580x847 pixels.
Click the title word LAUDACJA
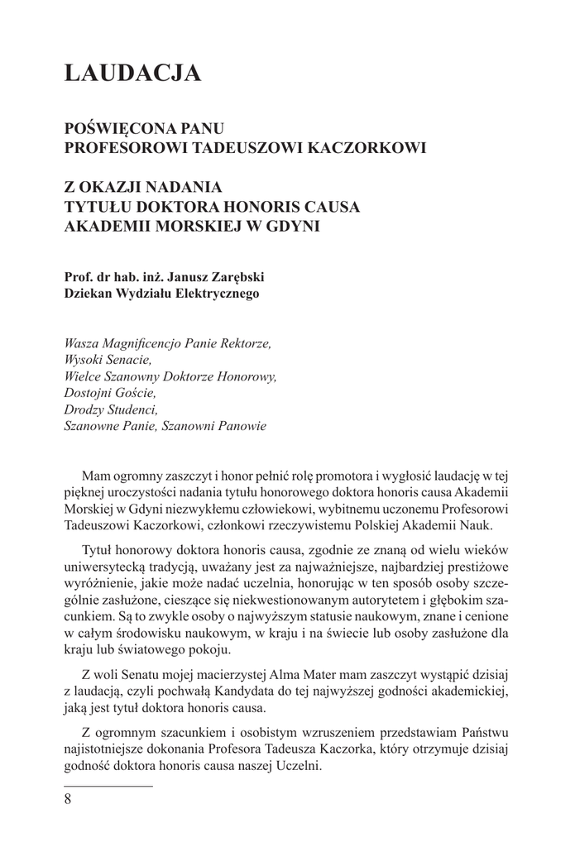click(x=132, y=74)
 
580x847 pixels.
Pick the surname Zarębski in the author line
click(x=233, y=277)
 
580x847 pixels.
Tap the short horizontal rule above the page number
click(x=108, y=782)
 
